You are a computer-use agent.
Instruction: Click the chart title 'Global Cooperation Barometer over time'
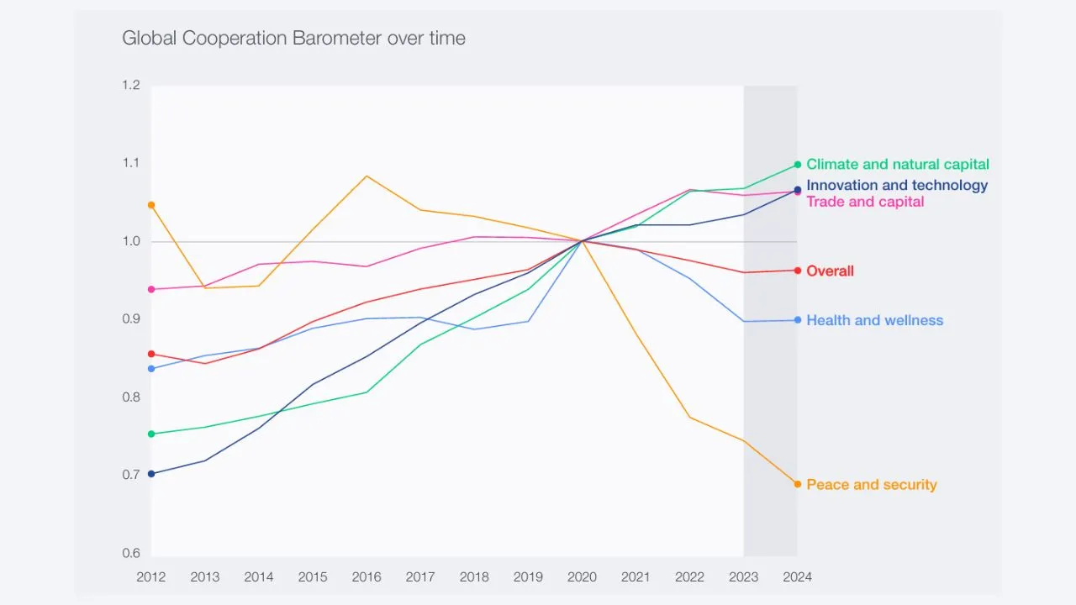pyautogui.click(x=293, y=38)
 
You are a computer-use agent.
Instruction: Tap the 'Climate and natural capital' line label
pyautogui.click(x=897, y=165)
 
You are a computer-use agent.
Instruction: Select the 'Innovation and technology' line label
pyautogui.click(x=897, y=186)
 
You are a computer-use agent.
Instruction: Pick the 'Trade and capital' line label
pyautogui.click(x=865, y=202)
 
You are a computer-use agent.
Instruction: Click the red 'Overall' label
pyautogui.click(x=830, y=271)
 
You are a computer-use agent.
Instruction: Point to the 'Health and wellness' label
pyautogui.click(x=874, y=320)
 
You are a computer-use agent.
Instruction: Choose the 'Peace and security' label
pyautogui.click(x=871, y=485)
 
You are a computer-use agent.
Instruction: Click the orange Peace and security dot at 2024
pyautogui.click(x=798, y=484)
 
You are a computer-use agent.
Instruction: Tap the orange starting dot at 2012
pyautogui.click(x=151, y=205)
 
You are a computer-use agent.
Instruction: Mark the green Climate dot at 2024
pyautogui.click(x=798, y=165)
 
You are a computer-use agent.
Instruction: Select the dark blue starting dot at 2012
pyautogui.click(x=151, y=474)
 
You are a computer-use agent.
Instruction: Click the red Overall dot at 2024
pyautogui.click(x=798, y=271)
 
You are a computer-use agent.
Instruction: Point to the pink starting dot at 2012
pyautogui.click(x=151, y=289)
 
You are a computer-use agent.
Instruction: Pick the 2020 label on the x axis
pyautogui.click(x=582, y=577)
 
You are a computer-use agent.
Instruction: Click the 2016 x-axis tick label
pyautogui.click(x=367, y=577)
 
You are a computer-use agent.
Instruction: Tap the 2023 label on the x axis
pyautogui.click(x=743, y=577)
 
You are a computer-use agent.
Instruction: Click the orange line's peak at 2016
pyautogui.click(x=367, y=176)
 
